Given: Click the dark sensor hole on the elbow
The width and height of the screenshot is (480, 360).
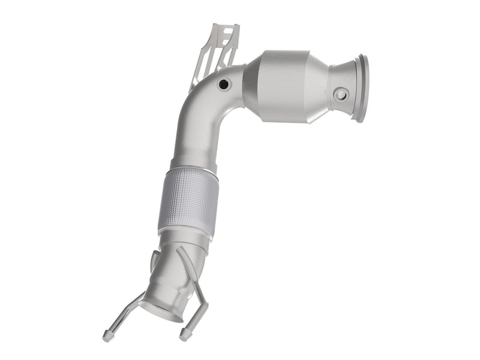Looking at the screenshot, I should click(224, 85).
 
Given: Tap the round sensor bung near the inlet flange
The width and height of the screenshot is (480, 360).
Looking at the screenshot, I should click(341, 94).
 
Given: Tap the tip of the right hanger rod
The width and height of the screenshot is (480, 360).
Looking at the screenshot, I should click(183, 332).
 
